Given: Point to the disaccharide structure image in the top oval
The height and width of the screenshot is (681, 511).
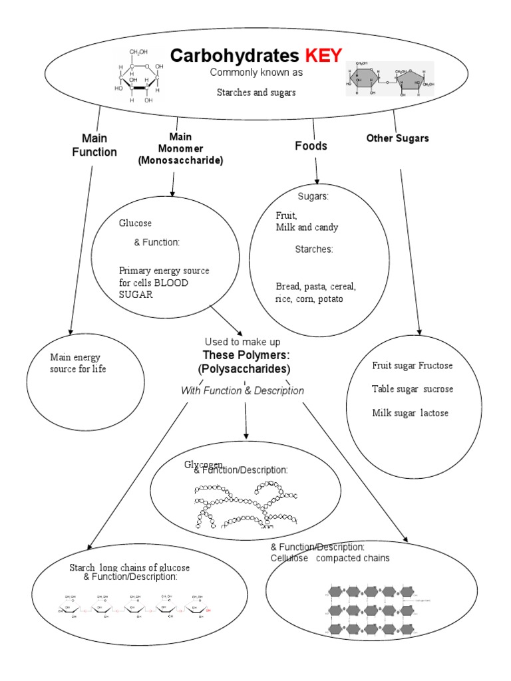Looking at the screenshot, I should (390, 79).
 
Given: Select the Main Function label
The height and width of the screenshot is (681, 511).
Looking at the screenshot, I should (99, 145).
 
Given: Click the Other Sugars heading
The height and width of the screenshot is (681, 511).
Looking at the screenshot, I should (398, 138).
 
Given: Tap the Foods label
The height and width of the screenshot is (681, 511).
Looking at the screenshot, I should (311, 146).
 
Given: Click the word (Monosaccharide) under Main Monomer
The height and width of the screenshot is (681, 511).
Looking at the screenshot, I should (180, 160).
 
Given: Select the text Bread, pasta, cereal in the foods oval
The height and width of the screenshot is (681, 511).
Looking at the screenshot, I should (316, 287).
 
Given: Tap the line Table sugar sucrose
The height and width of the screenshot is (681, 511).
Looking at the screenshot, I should (413, 389).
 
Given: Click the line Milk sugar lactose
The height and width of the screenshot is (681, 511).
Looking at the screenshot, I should (410, 413).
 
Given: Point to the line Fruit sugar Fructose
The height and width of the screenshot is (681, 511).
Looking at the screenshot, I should (413, 366).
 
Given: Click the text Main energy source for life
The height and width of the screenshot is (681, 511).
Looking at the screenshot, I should (78, 363).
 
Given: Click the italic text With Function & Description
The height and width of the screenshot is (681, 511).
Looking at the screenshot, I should (242, 391).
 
